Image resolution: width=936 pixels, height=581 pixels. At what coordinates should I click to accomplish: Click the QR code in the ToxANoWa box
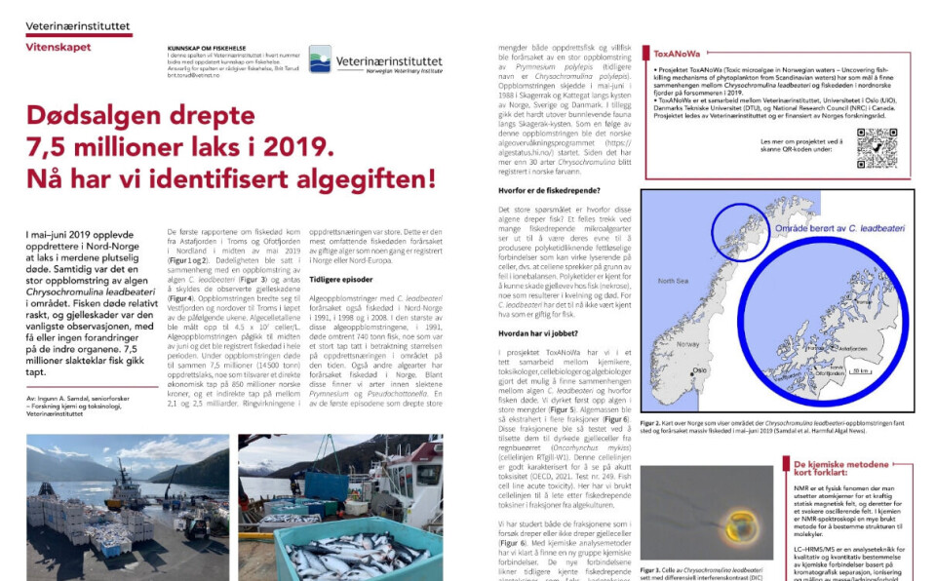pyautogui.click(x=876, y=148)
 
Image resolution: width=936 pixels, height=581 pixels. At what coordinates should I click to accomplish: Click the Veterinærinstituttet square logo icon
pyautogui.click(x=320, y=58)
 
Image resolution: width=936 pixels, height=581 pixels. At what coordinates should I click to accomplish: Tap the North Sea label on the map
pyautogui.click(x=673, y=281)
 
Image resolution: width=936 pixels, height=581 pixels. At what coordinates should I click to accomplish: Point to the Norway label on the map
pyautogui.click(x=689, y=344)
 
